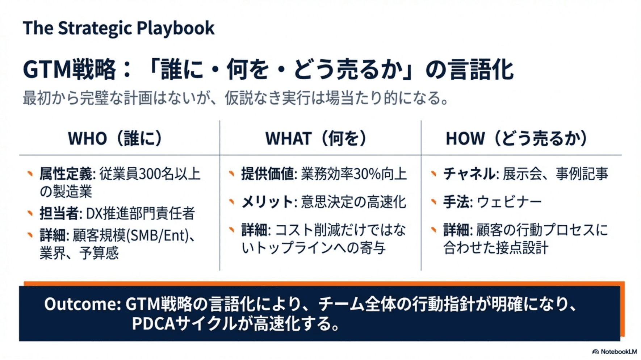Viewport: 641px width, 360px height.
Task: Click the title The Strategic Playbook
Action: tap(118, 28)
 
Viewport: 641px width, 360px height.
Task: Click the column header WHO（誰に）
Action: tap(116, 138)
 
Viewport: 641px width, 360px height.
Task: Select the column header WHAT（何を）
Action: tap(317, 138)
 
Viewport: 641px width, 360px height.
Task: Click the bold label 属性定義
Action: tap(66, 174)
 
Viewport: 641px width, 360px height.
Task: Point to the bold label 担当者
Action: tap(59, 213)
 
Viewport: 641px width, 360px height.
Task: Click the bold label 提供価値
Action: tap(268, 174)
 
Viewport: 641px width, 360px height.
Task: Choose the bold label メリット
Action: tap(267, 202)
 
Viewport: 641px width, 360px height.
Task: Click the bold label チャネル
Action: tap(469, 174)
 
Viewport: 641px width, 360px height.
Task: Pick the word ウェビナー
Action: tap(509, 202)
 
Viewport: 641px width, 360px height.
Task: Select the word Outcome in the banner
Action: tap(81, 304)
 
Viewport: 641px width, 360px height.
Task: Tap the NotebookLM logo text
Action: tap(618, 352)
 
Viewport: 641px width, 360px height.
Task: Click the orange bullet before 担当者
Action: tap(30, 213)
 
